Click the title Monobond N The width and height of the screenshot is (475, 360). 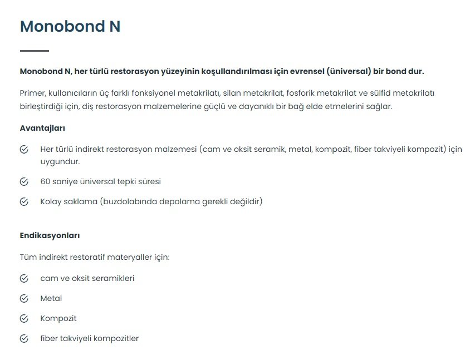(x=70, y=26)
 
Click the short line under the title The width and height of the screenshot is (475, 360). (x=35, y=51)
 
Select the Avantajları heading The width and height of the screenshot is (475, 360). (x=42, y=128)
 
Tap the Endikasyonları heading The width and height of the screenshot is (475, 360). (x=50, y=235)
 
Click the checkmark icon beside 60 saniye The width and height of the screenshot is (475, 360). (x=24, y=181)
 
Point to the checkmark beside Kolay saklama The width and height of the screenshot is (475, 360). (x=24, y=201)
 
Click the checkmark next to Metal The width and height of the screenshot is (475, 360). (x=24, y=299)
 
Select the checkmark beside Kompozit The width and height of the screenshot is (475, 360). (x=24, y=319)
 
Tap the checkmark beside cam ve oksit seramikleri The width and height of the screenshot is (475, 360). (x=24, y=278)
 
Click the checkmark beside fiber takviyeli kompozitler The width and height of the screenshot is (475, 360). (x=24, y=338)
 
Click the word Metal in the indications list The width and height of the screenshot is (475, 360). (x=51, y=299)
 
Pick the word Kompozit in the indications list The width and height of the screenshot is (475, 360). (x=58, y=319)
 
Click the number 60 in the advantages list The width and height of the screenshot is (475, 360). (x=45, y=181)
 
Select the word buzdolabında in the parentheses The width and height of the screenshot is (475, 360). (x=129, y=201)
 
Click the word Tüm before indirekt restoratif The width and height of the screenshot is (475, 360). (x=28, y=258)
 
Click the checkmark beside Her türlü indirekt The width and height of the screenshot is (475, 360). (x=24, y=150)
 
